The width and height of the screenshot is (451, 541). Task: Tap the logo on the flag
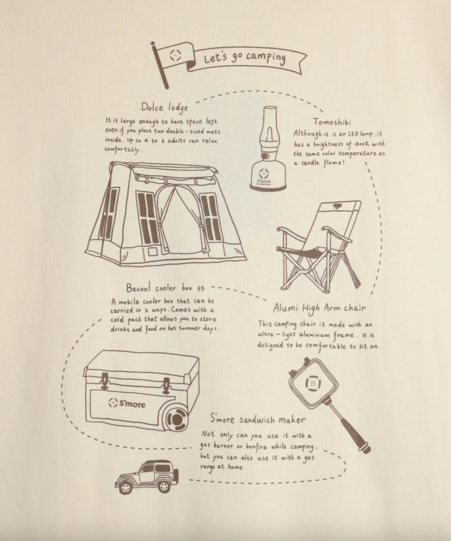(x=175, y=55)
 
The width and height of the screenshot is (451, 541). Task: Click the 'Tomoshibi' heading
(x=332, y=121)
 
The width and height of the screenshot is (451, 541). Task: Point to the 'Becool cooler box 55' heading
(x=165, y=287)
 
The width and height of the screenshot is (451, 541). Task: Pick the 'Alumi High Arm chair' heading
(x=319, y=308)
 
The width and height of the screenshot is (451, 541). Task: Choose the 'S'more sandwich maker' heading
(x=258, y=419)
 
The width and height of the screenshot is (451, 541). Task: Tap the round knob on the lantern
(x=265, y=155)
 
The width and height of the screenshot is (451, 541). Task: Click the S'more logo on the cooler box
(x=127, y=403)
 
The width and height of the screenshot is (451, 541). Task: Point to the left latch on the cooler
(x=104, y=381)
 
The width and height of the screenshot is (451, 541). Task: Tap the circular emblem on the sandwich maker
(x=313, y=383)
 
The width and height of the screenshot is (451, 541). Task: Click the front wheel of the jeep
(x=125, y=488)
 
